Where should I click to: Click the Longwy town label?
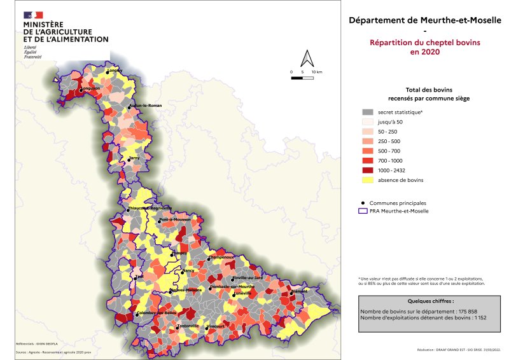[x=115, y=70]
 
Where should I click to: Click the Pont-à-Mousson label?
[x=175, y=219]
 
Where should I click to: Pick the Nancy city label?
[x=188, y=271]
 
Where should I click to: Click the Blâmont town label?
[x=299, y=291]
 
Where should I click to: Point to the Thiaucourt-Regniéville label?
[x=150, y=208]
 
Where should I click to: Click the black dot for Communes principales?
[x=361, y=202]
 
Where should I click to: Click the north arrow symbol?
[x=307, y=59]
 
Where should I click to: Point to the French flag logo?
[x=33, y=15]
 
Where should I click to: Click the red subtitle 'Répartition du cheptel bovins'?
[x=425, y=43]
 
